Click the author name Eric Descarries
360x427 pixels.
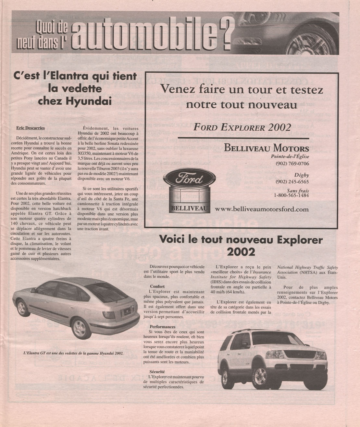31,128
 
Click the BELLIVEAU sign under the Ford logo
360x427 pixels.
188,208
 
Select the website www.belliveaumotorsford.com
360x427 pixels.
262,209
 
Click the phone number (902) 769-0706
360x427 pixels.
292,164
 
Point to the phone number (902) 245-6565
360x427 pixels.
292,182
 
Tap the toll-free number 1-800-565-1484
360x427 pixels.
291,195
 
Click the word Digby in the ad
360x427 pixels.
302,175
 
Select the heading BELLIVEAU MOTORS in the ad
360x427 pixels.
267,148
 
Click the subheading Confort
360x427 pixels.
157,287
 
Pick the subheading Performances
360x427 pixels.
162,327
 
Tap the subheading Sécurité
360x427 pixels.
157,372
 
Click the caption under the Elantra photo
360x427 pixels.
74,353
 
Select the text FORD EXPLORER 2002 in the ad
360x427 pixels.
238,127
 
